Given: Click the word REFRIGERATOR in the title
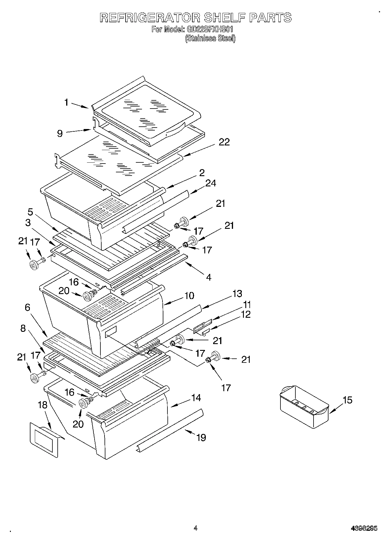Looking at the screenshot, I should [150, 18].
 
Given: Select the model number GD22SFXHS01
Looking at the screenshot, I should [209, 30].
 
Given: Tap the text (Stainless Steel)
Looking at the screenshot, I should [210, 38].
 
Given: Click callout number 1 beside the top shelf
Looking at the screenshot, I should [66, 102].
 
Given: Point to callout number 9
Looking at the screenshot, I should [60, 133].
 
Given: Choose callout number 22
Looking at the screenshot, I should [224, 142].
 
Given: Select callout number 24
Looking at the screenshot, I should [210, 183].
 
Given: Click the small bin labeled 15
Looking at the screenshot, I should [304, 407].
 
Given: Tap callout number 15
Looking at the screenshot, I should [347, 400].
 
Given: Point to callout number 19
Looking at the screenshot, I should [201, 437].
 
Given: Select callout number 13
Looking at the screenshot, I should [237, 293].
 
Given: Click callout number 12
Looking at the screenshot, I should [246, 315].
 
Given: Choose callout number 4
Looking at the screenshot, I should [208, 277].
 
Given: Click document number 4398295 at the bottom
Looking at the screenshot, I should [364, 529].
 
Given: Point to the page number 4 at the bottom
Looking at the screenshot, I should [196, 528].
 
